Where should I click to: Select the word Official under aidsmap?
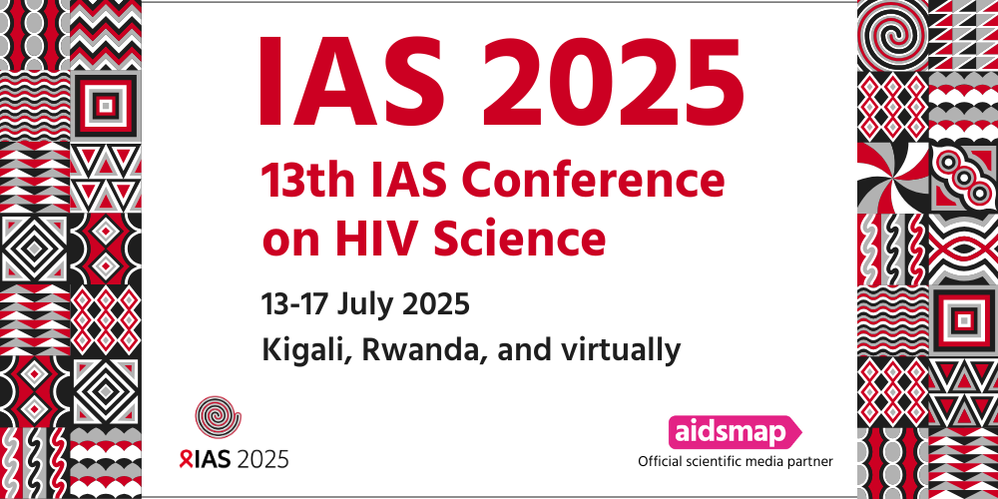tap(660, 461)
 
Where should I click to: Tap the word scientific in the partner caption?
tap(713, 461)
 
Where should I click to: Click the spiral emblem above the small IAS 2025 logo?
tap(219, 418)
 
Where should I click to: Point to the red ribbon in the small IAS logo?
tap(185, 458)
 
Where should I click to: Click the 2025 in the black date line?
tap(437, 304)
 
